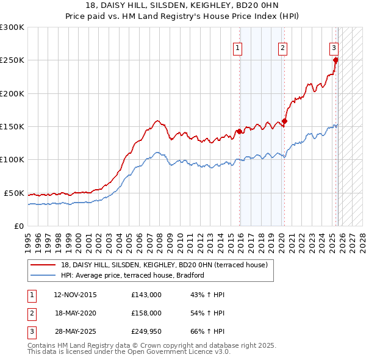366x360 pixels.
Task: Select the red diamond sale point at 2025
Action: click(x=335, y=60)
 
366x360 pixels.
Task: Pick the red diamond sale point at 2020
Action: click(x=284, y=121)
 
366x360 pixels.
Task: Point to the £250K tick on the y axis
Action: click(x=12, y=60)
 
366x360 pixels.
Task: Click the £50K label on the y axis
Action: click(x=14, y=193)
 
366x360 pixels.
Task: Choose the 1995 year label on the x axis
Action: click(x=27, y=238)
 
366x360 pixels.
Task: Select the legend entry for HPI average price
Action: click(x=132, y=275)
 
